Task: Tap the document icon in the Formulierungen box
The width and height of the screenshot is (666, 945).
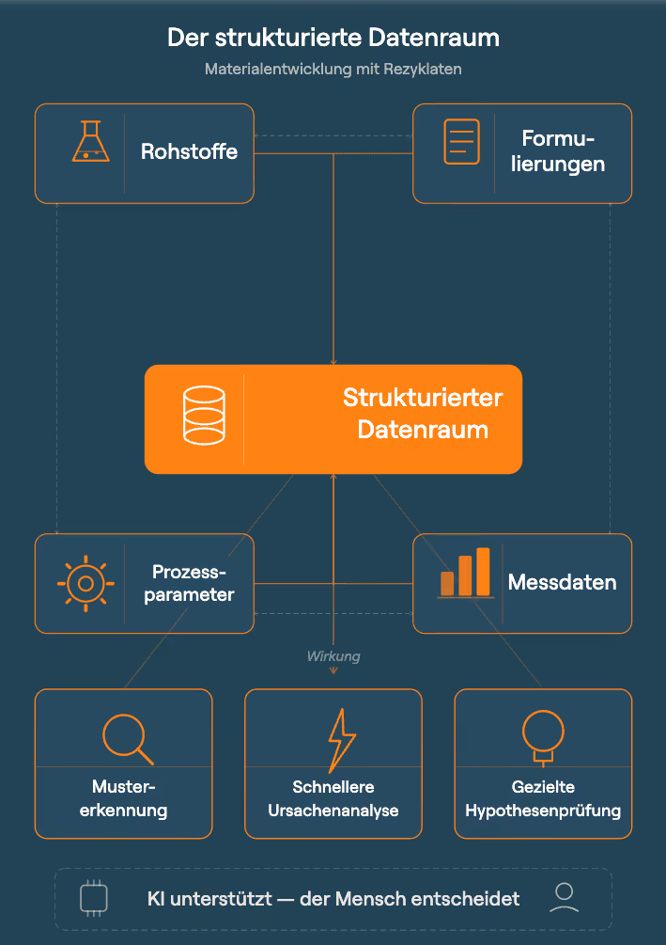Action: pyautogui.click(x=461, y=142)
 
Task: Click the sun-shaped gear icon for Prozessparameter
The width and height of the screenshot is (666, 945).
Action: pyautogui.click(x=85, y=584)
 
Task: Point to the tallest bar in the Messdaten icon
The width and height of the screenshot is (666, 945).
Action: pyautogui.click(x=483, y=571)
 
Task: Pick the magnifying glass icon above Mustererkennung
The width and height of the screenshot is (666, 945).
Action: pyautogui.click(x=127, y=737)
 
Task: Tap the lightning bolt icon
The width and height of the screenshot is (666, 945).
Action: pyautogui.click(x=340, y=740)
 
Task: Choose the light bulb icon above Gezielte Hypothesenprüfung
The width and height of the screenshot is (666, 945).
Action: pyautogui.click(x=542, y=733)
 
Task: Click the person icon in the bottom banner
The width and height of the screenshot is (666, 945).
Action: pyautogui.click(x=564, y=898)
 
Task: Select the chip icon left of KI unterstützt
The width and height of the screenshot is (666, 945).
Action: pyautogui.click(x=94, y=899)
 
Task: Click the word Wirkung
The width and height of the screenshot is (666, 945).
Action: pyautogui.click(x=333, y=656)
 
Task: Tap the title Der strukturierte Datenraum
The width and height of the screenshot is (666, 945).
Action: pyautogui.click(x=333, y=38)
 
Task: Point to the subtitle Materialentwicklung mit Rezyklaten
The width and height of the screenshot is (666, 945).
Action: pyautogui.click(x=333, y=70)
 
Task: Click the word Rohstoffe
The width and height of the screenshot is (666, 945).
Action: pyautogui.click(x=189, y=151)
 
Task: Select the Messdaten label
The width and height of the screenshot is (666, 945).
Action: pyautogui.click(x=562, y=582)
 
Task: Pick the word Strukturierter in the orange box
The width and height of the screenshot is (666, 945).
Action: pyautogui.click(x=422, y=398)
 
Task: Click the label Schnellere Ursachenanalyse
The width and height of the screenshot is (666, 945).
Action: pyautogui.click(x=333, y=798)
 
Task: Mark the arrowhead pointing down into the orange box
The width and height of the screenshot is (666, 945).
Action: pyautogui.click(x=333, y=360)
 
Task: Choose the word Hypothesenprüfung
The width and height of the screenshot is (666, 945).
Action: pyautogui.click(x=543, y=811)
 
